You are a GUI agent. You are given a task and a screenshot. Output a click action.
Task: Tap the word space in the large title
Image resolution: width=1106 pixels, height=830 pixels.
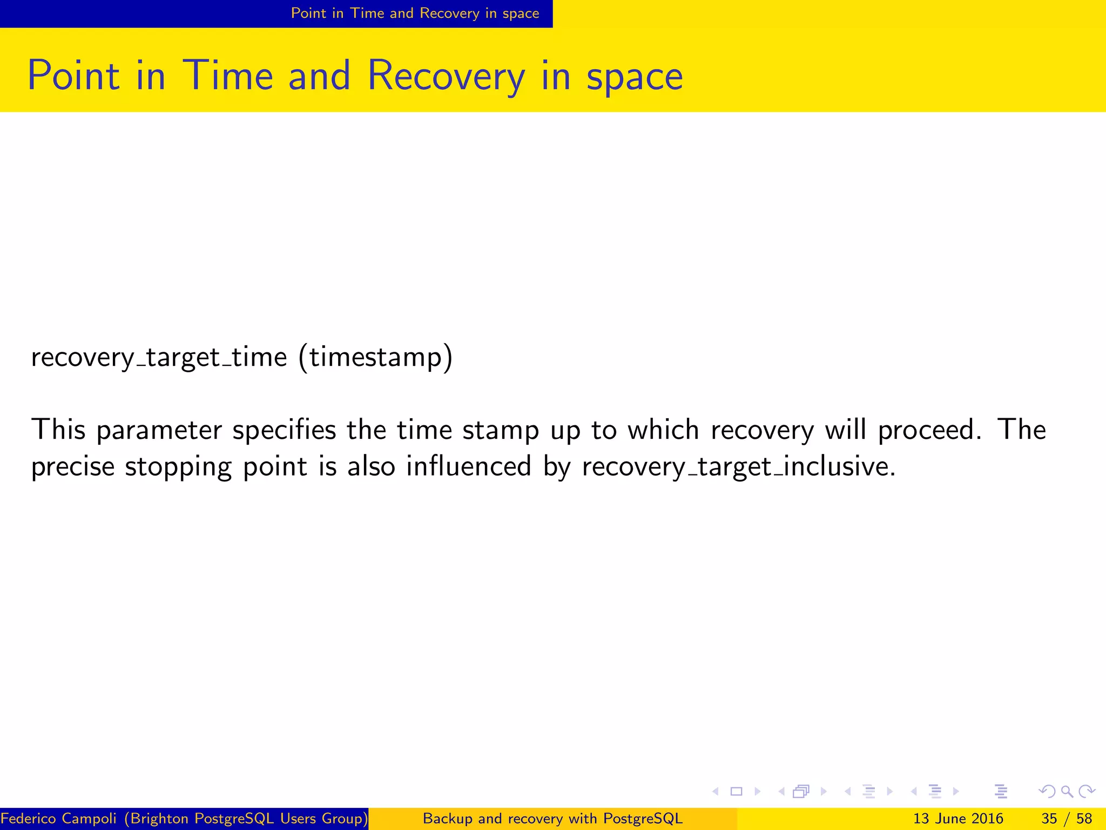coord(635,77)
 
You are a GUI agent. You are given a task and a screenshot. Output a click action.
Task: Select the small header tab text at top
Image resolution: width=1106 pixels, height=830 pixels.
coord(415,13)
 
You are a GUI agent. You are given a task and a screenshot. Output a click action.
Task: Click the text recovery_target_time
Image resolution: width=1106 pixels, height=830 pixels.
coord(159,357)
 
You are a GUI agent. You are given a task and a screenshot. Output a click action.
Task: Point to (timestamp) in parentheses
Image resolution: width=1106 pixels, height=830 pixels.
coord(375,357)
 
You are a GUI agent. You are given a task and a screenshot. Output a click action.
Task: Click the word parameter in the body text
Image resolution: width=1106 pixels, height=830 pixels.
coord(159,431)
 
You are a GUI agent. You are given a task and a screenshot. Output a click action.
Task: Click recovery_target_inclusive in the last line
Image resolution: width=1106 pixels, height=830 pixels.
coord(738,466)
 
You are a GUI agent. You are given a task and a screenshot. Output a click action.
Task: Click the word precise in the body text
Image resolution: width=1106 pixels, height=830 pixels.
coord(73,466)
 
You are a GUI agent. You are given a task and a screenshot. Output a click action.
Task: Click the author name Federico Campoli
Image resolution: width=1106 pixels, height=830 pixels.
coord(58,819)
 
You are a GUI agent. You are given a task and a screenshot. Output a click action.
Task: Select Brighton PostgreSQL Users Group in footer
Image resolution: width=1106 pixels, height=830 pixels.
coord(246,819)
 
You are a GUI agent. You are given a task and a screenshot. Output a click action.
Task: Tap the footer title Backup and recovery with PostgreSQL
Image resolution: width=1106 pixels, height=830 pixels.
coord(552,819)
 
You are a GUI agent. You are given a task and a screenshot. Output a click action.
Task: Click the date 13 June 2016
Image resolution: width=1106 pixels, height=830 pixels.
coord(957,819)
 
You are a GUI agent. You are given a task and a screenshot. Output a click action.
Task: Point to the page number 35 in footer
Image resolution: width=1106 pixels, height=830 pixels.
coord(1049,819)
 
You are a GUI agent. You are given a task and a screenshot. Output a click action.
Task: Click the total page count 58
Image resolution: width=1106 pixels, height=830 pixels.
coord(1083,819)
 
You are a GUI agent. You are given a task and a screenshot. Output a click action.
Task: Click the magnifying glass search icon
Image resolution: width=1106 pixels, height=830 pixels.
coord(1067,792)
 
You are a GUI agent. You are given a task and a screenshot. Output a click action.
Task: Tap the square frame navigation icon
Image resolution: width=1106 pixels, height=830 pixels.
coord(736,792)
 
